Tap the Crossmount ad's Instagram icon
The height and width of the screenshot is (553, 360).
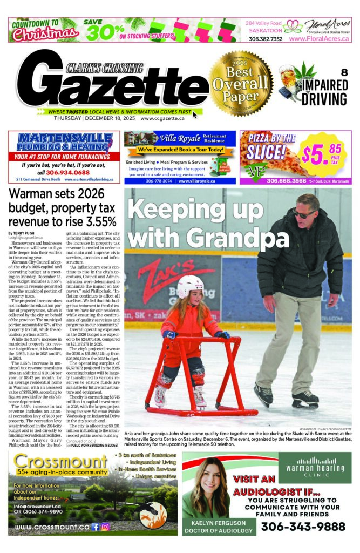pos(105,527)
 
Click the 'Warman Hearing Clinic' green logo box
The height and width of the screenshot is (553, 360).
pos(315,467)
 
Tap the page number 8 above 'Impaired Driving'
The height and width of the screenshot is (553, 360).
pos(343,73)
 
